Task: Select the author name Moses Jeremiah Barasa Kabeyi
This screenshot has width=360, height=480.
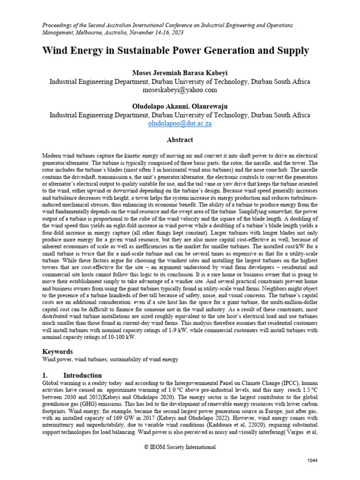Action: tap(180, 73)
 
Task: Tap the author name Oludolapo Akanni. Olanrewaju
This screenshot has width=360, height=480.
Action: tap(180, 106)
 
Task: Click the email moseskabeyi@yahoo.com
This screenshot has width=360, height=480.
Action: tap(180, 90)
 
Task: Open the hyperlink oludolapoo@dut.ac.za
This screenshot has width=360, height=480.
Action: tap(180, 123)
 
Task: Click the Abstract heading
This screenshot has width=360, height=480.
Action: tap(180, 140)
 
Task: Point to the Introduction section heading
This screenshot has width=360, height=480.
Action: tap(82, 375)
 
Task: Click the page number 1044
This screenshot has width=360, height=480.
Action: tap(312, 460)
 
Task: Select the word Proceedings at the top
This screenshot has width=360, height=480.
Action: tap(58, 24)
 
